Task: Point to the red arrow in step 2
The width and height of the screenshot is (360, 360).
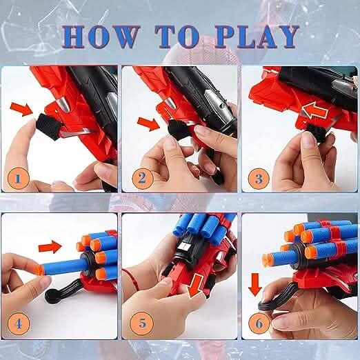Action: coord(149,124)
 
